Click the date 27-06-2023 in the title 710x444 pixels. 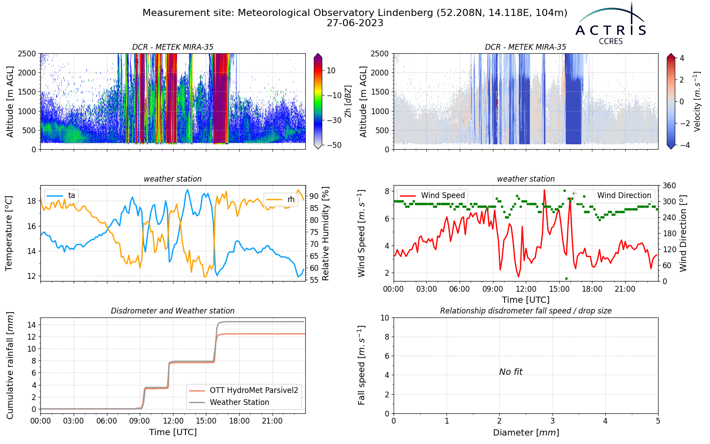tap(355, 23)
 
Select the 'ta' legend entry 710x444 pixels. tap(61, 195)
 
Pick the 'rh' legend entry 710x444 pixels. tap(280, 199)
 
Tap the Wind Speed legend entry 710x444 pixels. tap(432, 195)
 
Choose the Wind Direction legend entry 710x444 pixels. tap(614, 195)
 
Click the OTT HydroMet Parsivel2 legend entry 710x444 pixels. tap(244, 390)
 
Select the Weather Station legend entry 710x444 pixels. tap(229, 402)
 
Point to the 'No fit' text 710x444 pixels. tap(511, 372)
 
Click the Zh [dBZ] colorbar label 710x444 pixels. tap(348, 101)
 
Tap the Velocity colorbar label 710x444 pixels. tap(697, 102)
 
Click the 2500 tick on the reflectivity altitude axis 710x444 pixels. tap(27, 54)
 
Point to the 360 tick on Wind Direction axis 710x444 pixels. tap(670, 186)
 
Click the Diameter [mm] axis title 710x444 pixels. tap(526, 432)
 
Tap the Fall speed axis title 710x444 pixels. tap(362, 365)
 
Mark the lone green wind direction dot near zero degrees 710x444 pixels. tap(566, 279)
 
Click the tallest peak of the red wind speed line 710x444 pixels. tap(544, 190)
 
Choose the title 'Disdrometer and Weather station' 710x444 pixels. tap(173, 311)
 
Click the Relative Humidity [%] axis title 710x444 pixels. tap(325, 234)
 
